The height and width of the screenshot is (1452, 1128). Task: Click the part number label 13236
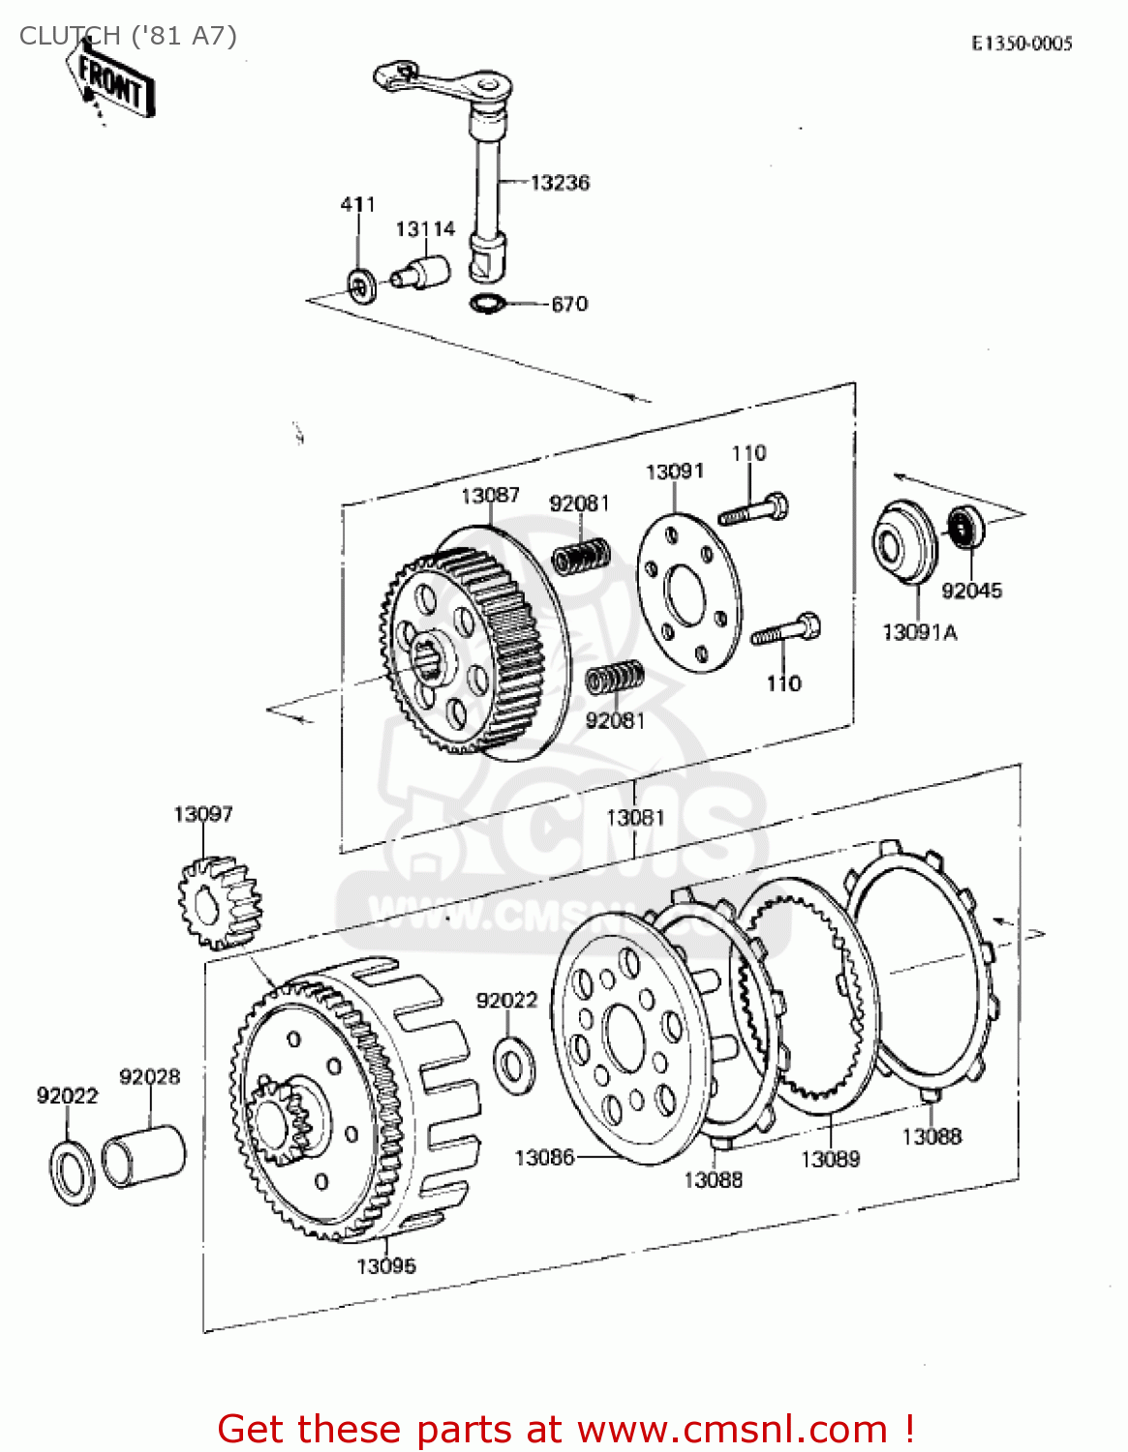560,183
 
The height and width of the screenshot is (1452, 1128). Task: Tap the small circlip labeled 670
486,303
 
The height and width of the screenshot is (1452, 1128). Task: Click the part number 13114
424,229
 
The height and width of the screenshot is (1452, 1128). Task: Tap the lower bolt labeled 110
785,632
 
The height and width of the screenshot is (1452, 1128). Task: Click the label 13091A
919,633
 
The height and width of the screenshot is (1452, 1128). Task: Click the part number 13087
490,496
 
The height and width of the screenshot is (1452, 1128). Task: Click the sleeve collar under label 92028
143,1154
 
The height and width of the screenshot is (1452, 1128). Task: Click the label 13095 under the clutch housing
386,1266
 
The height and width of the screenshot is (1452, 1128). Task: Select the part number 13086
544,1158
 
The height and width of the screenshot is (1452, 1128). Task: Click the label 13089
830,1160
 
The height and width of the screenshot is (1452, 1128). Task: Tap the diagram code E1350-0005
1022,44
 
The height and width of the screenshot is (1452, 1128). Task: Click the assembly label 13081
635,818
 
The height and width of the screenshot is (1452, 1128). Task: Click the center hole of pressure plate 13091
687,593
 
